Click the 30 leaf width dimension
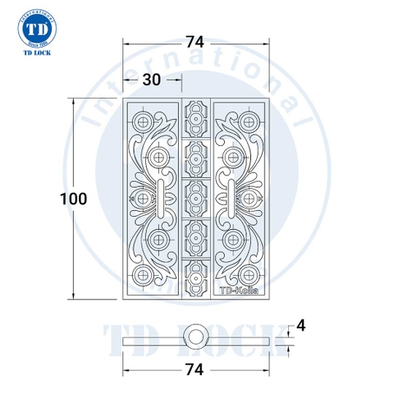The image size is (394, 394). (150, 79)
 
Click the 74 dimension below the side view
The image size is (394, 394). (195, 369)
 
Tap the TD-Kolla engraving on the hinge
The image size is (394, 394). (237, 289)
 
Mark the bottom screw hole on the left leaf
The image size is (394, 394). (145, 274)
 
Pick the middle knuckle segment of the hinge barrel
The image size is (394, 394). (195, 198)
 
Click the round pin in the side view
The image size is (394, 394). (195, 334)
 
